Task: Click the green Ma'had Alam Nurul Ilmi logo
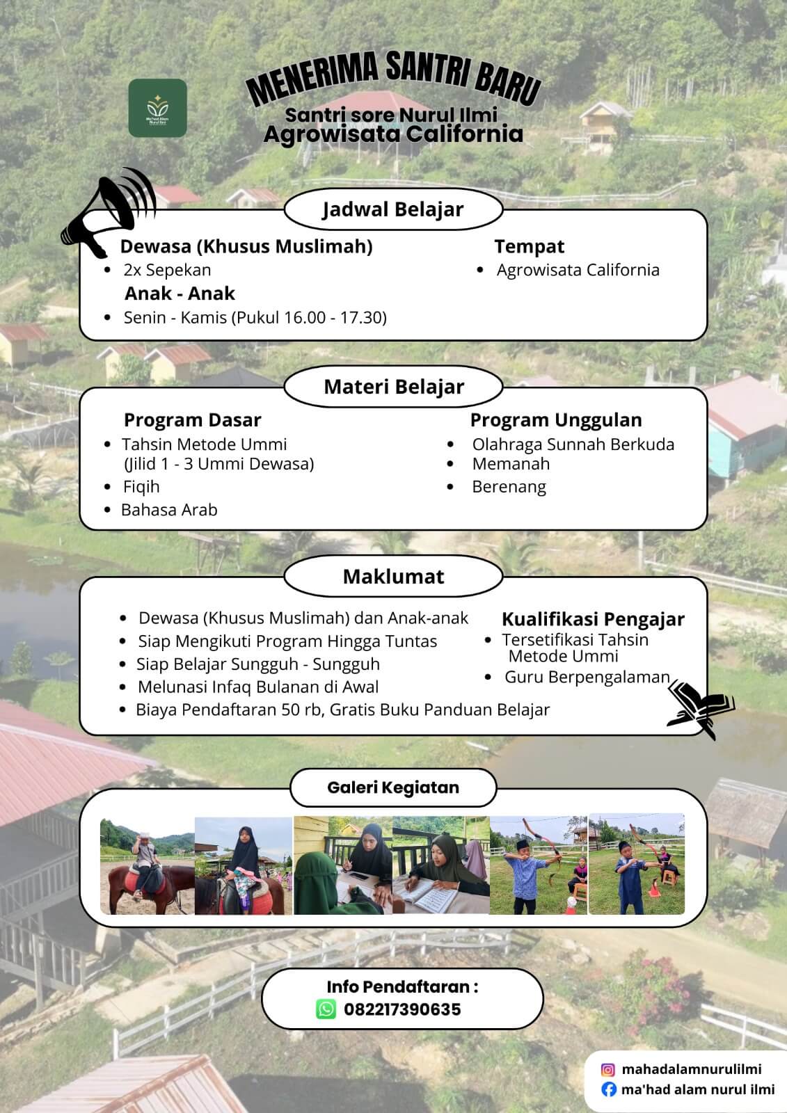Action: [157, 108]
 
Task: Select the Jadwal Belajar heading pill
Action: [393, 209]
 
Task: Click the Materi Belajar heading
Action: [394, 387]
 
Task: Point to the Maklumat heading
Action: [394, 577]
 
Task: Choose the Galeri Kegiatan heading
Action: [393, 787]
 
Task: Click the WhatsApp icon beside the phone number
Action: [326, 1009]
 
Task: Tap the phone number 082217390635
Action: [402, 1009]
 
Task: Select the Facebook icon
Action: [608, 1089]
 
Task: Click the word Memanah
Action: [511, 464]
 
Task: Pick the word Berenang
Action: [509, 487]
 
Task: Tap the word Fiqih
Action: [141, 487]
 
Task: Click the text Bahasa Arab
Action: [169, 510]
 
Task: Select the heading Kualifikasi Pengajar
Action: [593, 619]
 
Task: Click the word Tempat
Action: [529, 246]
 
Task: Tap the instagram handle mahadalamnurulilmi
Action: [691, 1070]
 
